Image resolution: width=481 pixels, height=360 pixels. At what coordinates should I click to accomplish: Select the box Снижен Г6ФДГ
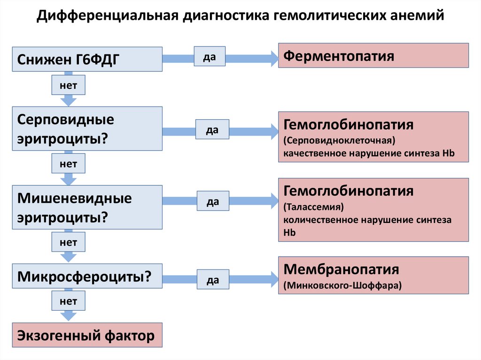click(x=87, y=59)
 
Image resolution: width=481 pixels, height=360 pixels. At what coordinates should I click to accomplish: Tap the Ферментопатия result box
click(x=373, y=56)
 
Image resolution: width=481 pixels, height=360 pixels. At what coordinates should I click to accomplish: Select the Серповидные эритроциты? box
click(x=87, y=128)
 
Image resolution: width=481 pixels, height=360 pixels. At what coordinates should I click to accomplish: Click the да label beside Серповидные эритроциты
click(x=213, y=130)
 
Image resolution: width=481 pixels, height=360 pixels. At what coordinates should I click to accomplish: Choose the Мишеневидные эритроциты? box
click(x=87, y=207)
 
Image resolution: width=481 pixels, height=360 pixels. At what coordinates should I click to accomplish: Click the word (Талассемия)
click(x=313, y=207)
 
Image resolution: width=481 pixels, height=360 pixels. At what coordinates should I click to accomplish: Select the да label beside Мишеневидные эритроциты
click(x=213, y=201)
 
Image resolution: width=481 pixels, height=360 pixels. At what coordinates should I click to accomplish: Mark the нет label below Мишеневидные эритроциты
click(x=68, y=243)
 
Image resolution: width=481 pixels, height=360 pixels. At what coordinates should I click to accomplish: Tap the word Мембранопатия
click(x=341, y=269)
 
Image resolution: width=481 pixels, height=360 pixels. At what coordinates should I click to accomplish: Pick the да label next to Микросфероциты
click(x=213, y=280)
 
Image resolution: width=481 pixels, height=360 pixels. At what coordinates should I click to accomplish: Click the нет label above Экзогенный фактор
click(x=68, y=301)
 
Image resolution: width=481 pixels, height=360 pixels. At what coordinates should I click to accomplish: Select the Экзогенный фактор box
click(x=87, y=335)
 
